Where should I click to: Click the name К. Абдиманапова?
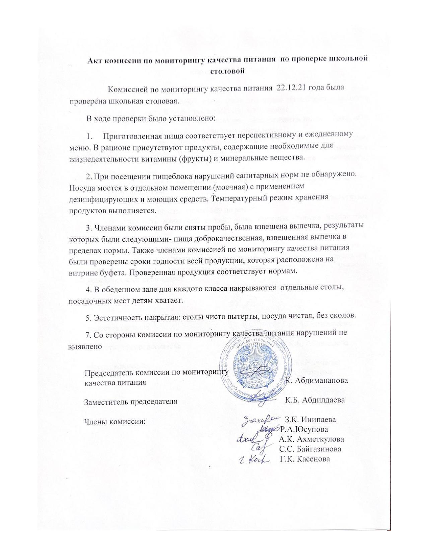click(x=317, y=381)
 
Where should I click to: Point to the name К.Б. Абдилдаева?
click(x=315, y=400)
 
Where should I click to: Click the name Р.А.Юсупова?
click(x=304, y=429)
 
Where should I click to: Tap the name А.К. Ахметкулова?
click(x=311, y=439)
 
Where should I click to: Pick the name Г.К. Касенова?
click(x=305, y=459)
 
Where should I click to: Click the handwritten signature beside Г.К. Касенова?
click(x=255, y=459)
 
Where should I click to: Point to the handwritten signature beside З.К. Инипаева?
click(x=260, y=419)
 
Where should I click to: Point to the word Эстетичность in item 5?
click(x=114, y=316)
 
